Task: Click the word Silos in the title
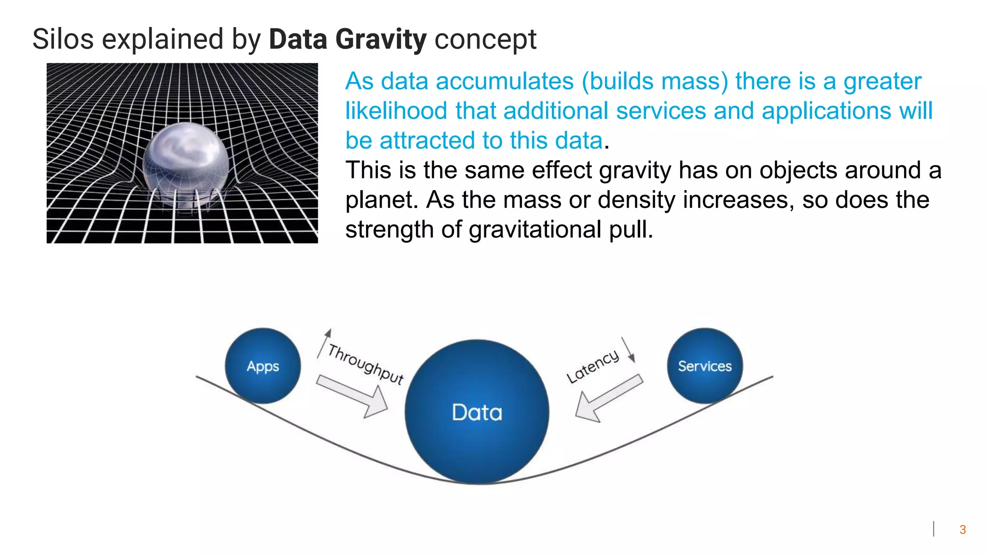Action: pos(63,40)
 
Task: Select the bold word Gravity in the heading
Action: pos(381,40)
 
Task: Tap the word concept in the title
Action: pos(485,40)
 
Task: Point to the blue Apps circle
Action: pos(262,366)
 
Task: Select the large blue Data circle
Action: pos(477,412)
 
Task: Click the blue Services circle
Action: pos(705,366)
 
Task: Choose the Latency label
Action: pos(592,366)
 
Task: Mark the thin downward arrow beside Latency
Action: pos(628,349)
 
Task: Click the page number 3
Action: pos(962,529)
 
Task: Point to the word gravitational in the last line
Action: pos(535,229)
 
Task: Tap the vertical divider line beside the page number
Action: pos(933,529)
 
